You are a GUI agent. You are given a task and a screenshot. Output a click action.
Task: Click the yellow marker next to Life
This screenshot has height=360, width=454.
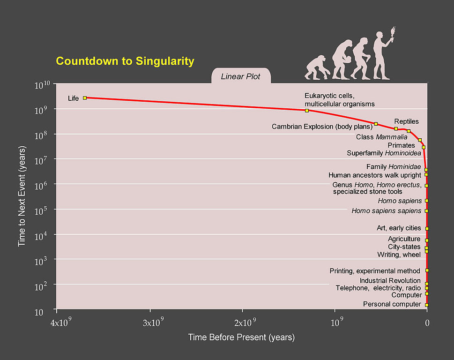(85, 98)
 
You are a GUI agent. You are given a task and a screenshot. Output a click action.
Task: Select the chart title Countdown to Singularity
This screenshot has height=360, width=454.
(125, 61)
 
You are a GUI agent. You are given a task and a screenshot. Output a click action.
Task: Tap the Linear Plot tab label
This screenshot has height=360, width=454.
(240, 76)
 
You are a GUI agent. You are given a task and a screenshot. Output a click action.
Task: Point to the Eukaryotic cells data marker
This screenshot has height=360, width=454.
(307, 111)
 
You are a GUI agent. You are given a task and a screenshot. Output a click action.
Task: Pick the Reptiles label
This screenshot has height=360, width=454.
(406, 121)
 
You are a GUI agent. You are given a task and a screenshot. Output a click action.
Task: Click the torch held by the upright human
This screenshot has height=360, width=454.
(392, 31)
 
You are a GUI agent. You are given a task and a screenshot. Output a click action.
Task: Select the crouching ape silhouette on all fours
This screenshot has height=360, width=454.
(315, 68)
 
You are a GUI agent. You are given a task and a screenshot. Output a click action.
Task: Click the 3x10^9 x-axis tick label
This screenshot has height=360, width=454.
(150, 323)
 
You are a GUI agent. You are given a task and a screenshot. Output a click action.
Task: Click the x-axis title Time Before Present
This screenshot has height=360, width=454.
(241, 337)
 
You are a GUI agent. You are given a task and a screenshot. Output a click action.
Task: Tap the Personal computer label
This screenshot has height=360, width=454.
(392, 304)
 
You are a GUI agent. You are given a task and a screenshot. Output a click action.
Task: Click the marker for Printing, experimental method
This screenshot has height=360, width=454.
(427, 270)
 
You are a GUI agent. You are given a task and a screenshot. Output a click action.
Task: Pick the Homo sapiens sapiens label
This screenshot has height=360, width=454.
(386, 211)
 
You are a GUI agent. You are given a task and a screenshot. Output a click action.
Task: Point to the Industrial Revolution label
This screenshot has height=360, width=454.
(390, 281)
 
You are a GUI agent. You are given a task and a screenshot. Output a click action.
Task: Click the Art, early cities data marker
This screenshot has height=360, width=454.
(427, 228)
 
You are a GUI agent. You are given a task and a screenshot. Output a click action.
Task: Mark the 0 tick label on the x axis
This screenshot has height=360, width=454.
(427, 323)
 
